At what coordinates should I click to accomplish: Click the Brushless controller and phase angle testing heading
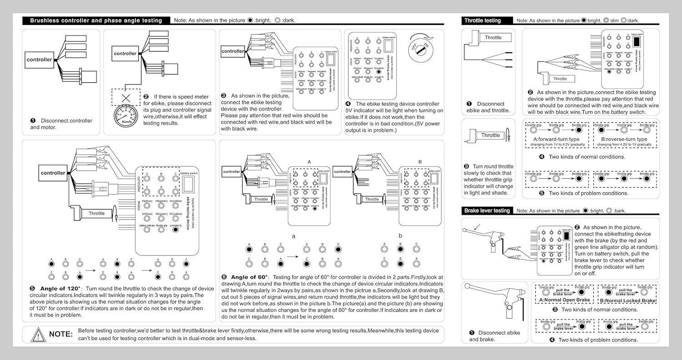point(96,20)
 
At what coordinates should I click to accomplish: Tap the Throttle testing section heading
point(482,20)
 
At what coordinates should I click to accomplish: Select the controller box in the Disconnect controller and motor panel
point(39,60)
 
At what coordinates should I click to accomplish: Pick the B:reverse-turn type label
point(624,139)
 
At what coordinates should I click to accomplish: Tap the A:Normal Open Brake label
point(564,300)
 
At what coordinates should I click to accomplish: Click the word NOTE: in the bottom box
point(60,334)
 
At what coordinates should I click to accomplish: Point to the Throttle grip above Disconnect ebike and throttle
point(489,38)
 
